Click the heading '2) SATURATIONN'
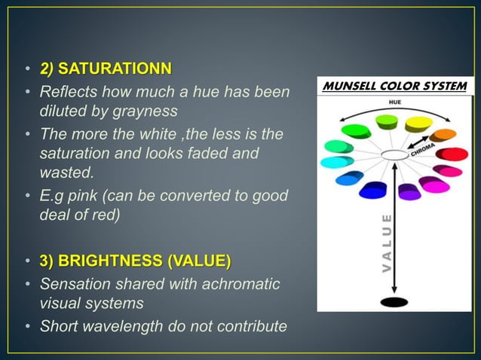[106, 70]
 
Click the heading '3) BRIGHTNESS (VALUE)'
[136, 261]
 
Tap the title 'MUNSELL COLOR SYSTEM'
[394, 86]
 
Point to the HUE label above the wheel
[395, 101]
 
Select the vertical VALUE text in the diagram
[387, 243]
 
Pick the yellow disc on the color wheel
[418, 123]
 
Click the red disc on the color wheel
[455, 154]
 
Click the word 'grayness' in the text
[146, 111]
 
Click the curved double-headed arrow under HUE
[394, 110]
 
